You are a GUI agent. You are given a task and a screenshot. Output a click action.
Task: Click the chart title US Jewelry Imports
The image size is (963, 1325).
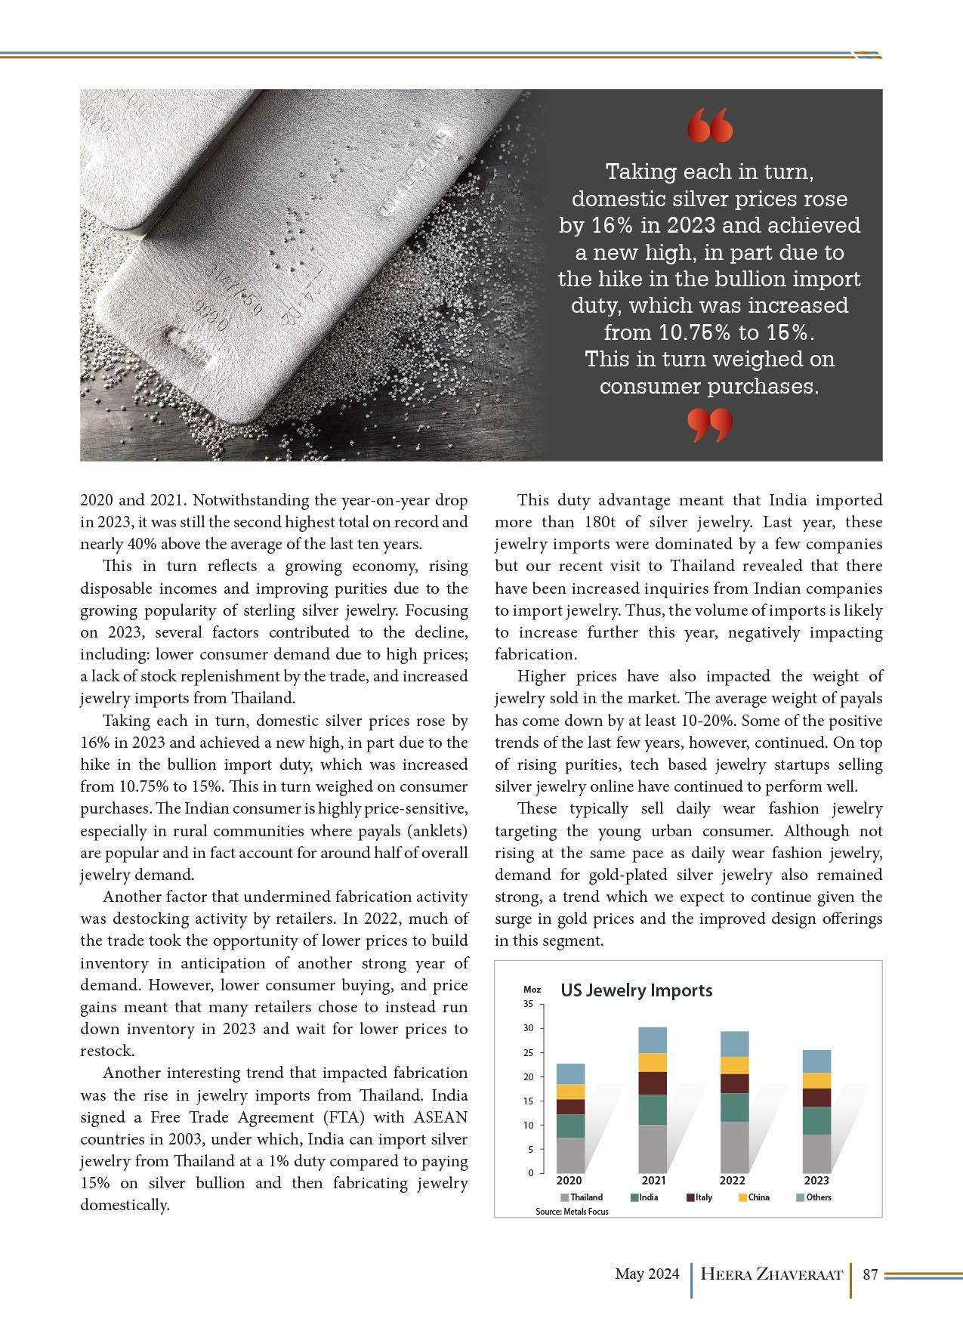pyautogui.click(x=636, y=990)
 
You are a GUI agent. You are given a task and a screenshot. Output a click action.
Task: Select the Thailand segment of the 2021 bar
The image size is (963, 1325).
pyautogui.click(x=653, y=1148)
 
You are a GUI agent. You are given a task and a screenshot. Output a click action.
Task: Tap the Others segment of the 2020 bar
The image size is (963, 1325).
pyautogui.click(x=570, y=1073)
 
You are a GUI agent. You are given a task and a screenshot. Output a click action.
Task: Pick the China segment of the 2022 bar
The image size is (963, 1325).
pyautogui.click(x=734, y=1065)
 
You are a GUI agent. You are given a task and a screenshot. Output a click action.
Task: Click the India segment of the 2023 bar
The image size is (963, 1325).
pyautogui.click(x=816, y=1120)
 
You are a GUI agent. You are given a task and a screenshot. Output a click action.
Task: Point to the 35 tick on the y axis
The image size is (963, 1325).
pyautogui.click(x=528, y=1004)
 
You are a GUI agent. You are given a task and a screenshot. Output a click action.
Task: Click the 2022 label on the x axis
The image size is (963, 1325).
pyautogui.click(x=733, y=1181)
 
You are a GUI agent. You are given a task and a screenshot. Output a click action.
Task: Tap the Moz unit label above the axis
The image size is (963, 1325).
pyautogui.click(x=532, y=990)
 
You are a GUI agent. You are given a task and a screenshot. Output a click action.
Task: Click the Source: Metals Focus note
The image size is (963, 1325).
pyautogui.click(x=572, y=1211)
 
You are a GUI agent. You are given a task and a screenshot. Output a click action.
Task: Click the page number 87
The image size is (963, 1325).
pyautogui.click(x=870, y=1275)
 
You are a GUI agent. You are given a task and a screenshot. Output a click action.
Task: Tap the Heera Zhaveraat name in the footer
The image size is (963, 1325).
pyautogui.click(x=771, y=1275)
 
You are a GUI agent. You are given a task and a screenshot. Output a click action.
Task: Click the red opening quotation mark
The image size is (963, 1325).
pyautogui.click(x=711, y=125)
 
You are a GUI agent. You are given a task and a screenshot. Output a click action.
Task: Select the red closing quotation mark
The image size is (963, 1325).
pyautogui.click(x=710, y=426)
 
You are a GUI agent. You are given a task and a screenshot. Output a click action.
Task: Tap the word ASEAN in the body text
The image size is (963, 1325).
pyautogui.click(x=440, y=1117)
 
